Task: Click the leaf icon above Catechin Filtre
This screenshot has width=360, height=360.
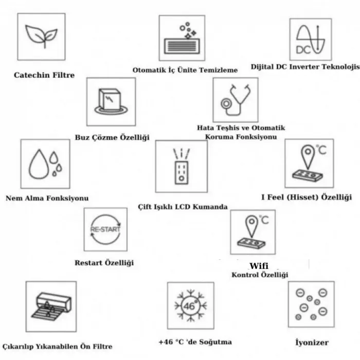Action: click(41, 38)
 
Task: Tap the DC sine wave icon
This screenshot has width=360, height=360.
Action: click(310, 40)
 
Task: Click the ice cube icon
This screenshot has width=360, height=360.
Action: click(111, 102)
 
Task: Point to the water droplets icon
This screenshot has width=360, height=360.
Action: click(45, 164)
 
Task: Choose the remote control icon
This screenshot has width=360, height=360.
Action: click(181, 166)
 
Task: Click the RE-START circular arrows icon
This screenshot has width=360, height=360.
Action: click(105, 229)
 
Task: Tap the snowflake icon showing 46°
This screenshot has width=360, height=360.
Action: click(190, 305)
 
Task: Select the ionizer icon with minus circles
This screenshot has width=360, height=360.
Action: click(311, 304)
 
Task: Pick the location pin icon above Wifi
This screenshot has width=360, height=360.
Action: click(253, 232)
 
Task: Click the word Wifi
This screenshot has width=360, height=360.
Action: click(259, 266)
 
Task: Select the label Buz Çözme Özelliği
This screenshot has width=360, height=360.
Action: click(112, 137)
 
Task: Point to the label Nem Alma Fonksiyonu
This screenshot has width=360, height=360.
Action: click(47, 198)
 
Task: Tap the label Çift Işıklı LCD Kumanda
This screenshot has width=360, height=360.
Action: click(183, 207)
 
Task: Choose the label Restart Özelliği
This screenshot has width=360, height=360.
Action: click(104, 263)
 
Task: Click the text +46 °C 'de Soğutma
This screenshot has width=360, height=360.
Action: click(195, 342)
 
